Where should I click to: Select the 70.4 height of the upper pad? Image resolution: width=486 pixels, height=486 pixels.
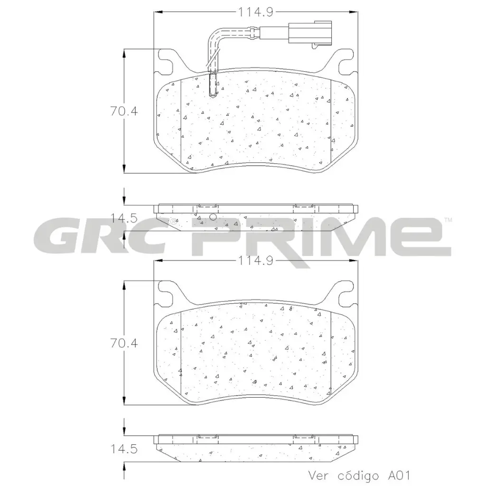[x=124, y=112]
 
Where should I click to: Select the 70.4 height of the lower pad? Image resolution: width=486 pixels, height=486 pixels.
[x=124, y=343]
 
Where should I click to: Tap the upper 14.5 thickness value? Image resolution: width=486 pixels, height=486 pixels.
[x=124, y=218]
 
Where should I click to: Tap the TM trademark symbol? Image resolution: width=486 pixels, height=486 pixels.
[x=448, y=220]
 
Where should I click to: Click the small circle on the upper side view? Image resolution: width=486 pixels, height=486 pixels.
[x=213, y=217]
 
